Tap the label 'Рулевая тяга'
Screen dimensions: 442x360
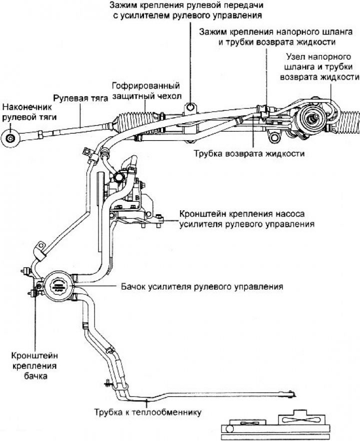80,98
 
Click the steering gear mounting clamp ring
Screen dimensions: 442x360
190,107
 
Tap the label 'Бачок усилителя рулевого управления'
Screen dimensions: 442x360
202,287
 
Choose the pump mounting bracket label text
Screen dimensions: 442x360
246,219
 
